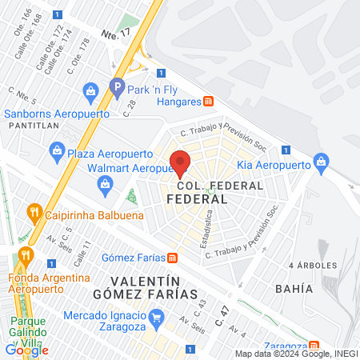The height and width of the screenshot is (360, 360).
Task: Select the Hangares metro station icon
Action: click(209, 102)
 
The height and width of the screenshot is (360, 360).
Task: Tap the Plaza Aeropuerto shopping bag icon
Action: click(57, 149)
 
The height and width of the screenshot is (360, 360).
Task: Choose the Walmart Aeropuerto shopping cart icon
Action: click(105, 186)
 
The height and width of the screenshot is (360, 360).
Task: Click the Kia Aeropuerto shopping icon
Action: click(321, 162)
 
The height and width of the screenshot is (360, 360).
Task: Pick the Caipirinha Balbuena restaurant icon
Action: click(34, 213)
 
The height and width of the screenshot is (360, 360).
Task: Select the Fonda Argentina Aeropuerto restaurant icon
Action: click(26, 256)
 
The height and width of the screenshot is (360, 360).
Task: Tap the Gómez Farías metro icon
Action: click(172, 257)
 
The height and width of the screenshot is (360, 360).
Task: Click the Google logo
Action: click(26, 350)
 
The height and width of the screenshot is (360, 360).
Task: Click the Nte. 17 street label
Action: click(115, 34)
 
